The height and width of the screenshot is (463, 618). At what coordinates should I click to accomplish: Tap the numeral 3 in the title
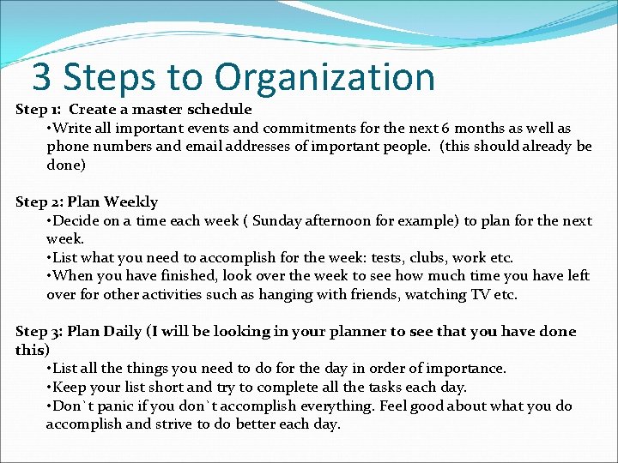(40, 77)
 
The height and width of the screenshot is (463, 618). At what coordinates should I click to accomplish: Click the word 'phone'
(67, 147)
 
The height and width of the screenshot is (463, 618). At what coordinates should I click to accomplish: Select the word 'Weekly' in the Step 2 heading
(130, 202)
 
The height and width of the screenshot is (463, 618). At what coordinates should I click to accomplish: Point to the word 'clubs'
(430, 257)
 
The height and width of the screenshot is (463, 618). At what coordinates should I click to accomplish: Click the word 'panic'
(111, 406)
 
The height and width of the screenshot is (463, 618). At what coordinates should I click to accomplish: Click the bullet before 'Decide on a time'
(49, 220)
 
